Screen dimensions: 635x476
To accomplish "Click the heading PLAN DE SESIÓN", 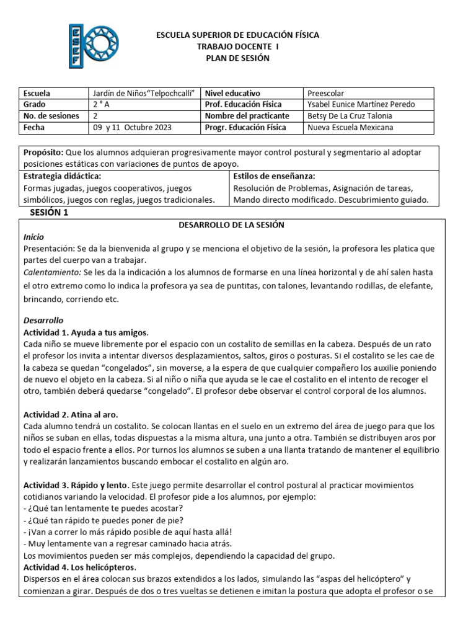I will point(238,58).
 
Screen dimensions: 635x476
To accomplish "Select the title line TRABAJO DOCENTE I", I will point(238,47).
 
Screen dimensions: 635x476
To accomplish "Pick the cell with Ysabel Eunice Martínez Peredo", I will point(361,104).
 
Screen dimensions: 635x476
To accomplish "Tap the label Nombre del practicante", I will point(247,116).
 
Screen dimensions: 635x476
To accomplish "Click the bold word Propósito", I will point(43,152).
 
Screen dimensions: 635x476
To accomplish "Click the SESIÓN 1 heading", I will point(50,212).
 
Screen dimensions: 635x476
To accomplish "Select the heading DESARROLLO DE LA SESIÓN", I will point(231,224).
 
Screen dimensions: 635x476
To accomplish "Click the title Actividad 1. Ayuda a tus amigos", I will point(86,332).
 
